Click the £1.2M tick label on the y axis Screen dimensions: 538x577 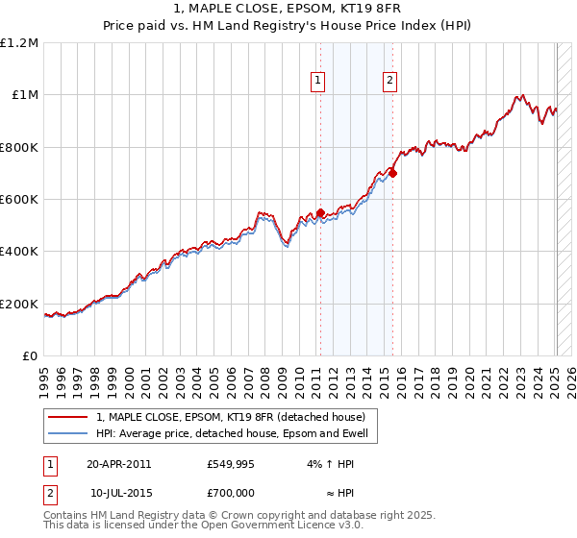18,43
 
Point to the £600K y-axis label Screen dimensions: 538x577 18,200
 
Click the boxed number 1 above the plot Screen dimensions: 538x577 317,82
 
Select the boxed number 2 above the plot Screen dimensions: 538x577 389,82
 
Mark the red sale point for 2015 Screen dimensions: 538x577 393,174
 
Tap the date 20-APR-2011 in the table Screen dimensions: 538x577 118,464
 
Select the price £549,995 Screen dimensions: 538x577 231,464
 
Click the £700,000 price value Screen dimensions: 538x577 231,492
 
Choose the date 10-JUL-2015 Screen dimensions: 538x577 120,492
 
